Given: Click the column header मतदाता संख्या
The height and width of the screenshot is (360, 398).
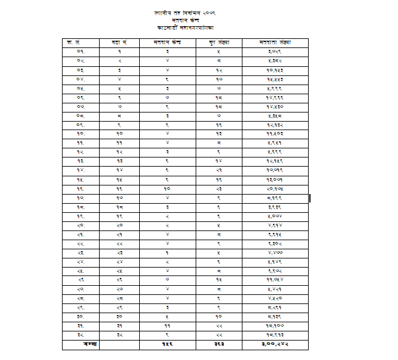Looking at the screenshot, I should (x=275, y=43).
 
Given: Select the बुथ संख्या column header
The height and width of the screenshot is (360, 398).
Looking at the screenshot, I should (x=218, y=43).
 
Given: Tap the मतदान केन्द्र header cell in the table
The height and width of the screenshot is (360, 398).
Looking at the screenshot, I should (x=167, y=43).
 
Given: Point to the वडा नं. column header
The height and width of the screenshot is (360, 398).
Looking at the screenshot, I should (x=119, y=43).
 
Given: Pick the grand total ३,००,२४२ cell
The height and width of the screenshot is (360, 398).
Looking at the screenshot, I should (x=275, y=344).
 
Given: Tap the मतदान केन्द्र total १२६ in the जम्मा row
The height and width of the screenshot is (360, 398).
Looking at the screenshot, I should (x=167, y=344).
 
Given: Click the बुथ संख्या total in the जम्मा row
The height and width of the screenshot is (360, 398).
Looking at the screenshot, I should (x=218, y=344).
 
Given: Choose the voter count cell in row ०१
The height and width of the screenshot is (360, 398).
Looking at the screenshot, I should (x=275, y=52).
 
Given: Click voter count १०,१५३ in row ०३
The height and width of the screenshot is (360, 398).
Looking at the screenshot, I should (x=275, y=71).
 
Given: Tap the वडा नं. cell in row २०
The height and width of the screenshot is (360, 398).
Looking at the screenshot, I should (x=119, y=225).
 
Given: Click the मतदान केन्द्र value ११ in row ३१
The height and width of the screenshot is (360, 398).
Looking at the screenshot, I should (x=167, y=325).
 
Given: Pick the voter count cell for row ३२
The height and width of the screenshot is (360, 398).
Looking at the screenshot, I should (x=275, y=334).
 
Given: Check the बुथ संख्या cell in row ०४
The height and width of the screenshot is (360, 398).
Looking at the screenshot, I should (x=218, y=79).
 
